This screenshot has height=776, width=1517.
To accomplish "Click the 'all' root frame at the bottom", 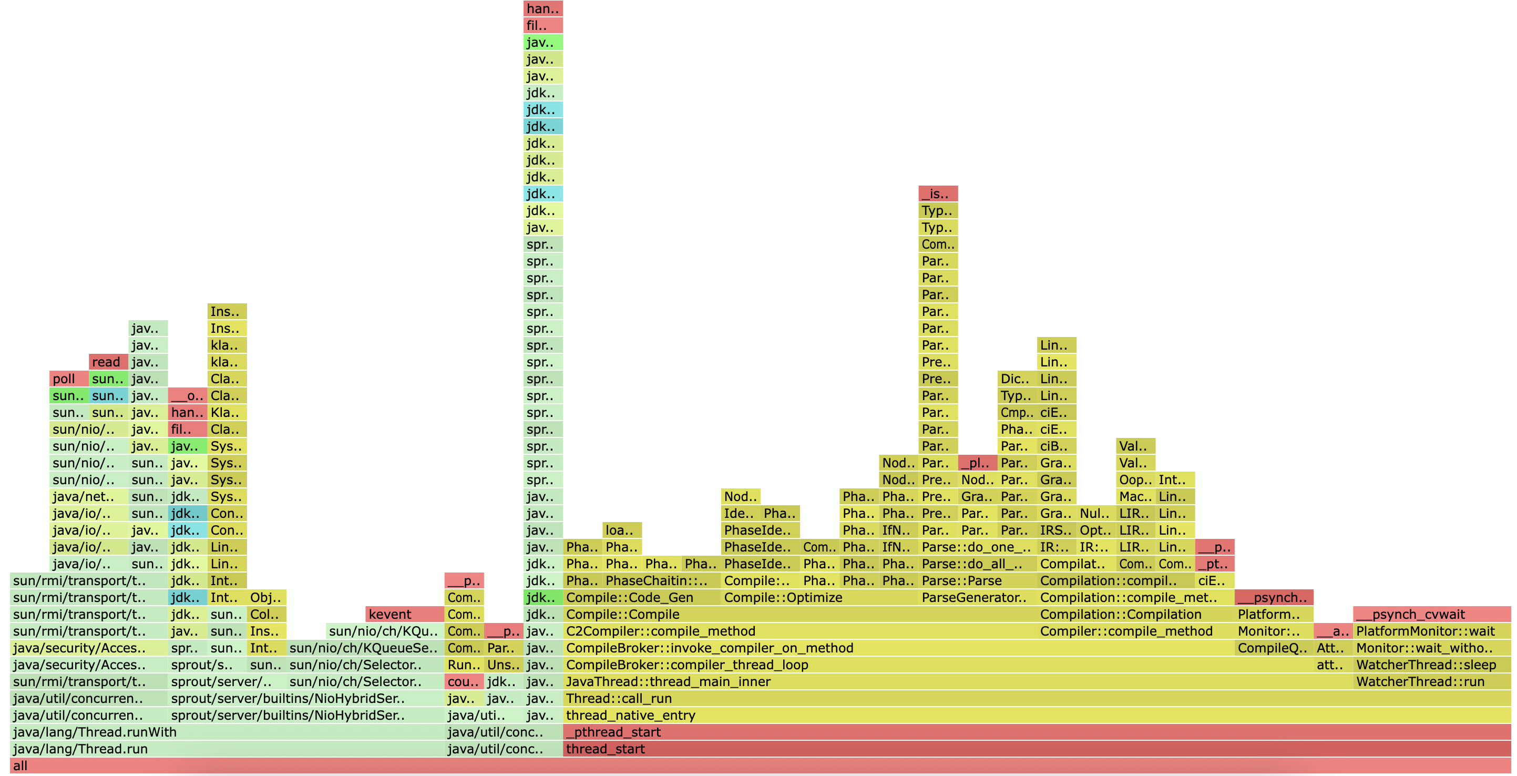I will (x=760, y=765).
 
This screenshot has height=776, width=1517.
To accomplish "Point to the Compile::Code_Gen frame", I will (x=642, y=597).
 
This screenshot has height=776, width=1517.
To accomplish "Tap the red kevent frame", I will (x=405, y=615).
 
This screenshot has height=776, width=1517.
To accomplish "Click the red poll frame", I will (x=69, y=379).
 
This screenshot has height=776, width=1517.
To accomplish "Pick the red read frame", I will (x=108, y=362).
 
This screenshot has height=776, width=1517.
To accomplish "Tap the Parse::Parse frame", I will (x=978, y=581).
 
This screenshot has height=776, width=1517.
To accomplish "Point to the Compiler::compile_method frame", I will (x=1136, y=631).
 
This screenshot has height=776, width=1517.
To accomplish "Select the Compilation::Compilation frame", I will (x=1136, y=615).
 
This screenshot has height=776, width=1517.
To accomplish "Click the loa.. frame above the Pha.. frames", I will (x=622, y=530).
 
